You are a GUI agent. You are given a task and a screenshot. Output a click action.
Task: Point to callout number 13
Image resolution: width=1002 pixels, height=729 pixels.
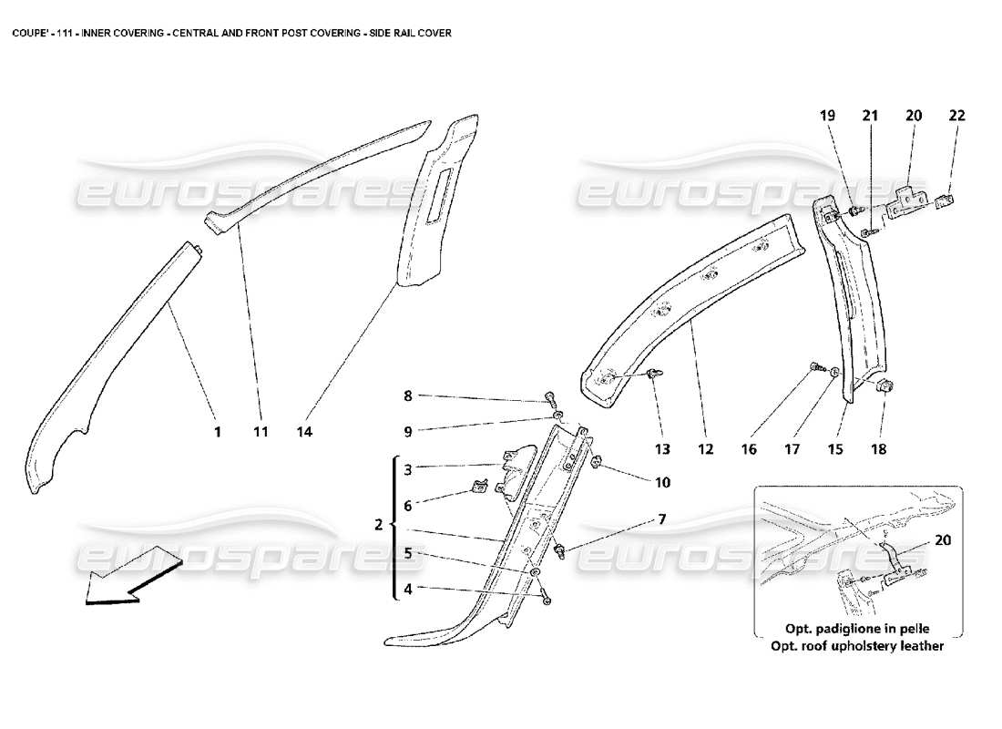click(661, 448)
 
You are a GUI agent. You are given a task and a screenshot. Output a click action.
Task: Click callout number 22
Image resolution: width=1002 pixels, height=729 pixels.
click(956, 116)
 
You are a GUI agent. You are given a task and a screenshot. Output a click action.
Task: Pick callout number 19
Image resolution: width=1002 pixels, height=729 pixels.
click(827, 116)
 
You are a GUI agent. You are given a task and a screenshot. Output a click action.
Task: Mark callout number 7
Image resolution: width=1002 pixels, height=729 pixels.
click(661, 519)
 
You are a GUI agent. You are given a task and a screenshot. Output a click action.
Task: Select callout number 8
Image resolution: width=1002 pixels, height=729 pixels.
click(408, 396)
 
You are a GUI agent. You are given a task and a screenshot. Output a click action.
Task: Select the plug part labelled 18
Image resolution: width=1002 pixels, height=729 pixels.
click(884, 386)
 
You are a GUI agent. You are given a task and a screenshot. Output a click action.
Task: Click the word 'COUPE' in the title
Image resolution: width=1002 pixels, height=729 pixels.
click(26, 32)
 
